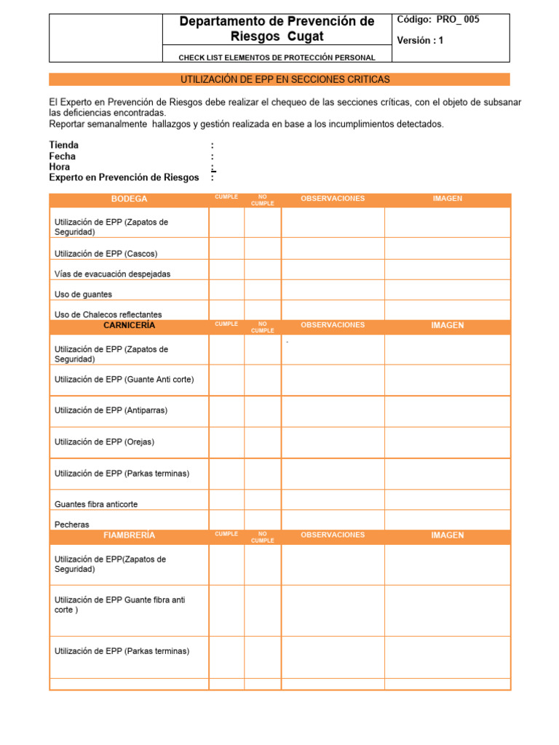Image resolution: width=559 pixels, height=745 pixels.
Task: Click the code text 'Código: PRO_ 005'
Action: pyautogui.click(x=437, y=20)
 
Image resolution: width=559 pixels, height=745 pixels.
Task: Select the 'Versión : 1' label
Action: pyautogui.click(x=420, y=41)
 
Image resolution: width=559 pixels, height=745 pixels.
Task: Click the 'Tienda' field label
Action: pyautogui.click(x=64, y=145)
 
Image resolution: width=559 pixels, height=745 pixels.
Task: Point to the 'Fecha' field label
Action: pyautogui.click(x=63, y=156)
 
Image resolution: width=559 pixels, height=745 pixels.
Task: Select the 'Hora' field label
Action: pyautogui.click(x=60, y=167)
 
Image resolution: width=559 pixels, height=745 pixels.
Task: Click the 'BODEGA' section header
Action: pyautogui.click(x=129, y=199)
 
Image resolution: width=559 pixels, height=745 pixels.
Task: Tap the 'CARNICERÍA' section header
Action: pyautogui.click(x=129, y=325)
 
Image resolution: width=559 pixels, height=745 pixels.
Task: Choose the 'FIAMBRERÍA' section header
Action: pyautogui.click(x=129, y=535)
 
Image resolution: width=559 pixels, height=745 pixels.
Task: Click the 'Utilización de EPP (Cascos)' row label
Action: pyautogui.click(x=106, y=254)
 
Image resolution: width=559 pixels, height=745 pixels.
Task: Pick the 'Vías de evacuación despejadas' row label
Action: pyautogui.click(x=112, y=274)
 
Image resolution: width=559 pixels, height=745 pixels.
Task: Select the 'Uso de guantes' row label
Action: pyautogui.click(x=83, y=295)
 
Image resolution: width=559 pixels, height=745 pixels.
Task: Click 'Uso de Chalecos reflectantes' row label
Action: pyautogui.click(x=108, y=314)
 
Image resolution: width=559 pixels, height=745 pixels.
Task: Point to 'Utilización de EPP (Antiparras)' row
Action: pyautogui.click(x=111, y=410)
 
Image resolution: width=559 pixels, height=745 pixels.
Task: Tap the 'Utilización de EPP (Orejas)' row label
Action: pyautogui.click(x=104, y=442)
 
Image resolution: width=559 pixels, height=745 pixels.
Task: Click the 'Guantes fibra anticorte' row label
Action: pyautogui.click(x=95, y=504)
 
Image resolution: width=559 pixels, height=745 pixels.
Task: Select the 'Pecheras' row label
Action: pyautogui.click(x=71, y=524)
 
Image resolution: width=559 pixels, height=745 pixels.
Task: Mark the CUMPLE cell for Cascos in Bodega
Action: pyautogui.click(x=226, y=250)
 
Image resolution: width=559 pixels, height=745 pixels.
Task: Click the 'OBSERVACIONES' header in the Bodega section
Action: pyautogui.click(x=333, y=199)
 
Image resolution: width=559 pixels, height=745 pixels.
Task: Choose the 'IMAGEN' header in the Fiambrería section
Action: pyautogui.click(x=447, y=535)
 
